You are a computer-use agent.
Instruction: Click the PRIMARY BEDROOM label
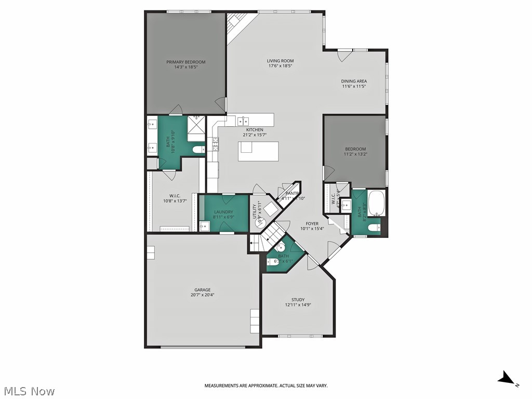[185, 62]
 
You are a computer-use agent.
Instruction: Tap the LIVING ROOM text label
[281, 60]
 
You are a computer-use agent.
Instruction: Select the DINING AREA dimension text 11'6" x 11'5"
[354, 87]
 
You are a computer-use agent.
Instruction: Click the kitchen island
[258, 151]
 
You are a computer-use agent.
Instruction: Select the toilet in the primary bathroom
[198, 150]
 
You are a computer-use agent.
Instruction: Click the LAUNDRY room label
[224, 211]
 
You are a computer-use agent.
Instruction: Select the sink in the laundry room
[204, 226]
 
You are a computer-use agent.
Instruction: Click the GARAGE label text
[202, 290]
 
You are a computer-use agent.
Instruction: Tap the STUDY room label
[298, 300]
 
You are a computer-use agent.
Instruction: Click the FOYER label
[312, 223]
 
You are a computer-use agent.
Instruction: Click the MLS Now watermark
[29, 391]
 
